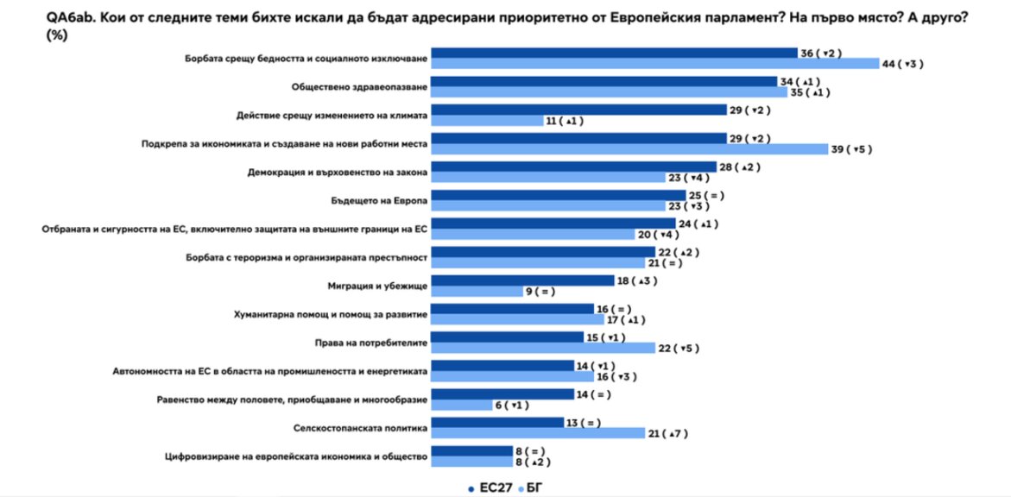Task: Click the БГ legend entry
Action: tap(534, 488)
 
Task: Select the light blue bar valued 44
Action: tap(654, 64)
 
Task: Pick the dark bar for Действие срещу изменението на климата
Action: tap(578, 110)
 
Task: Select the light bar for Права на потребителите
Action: tap(542, 348)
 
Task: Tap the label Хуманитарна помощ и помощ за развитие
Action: tap(331, 315)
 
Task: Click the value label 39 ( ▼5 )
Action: tap(852, 149)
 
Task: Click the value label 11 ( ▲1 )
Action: tap(565, 122)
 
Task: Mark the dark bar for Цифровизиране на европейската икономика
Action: tap(471, 450)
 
